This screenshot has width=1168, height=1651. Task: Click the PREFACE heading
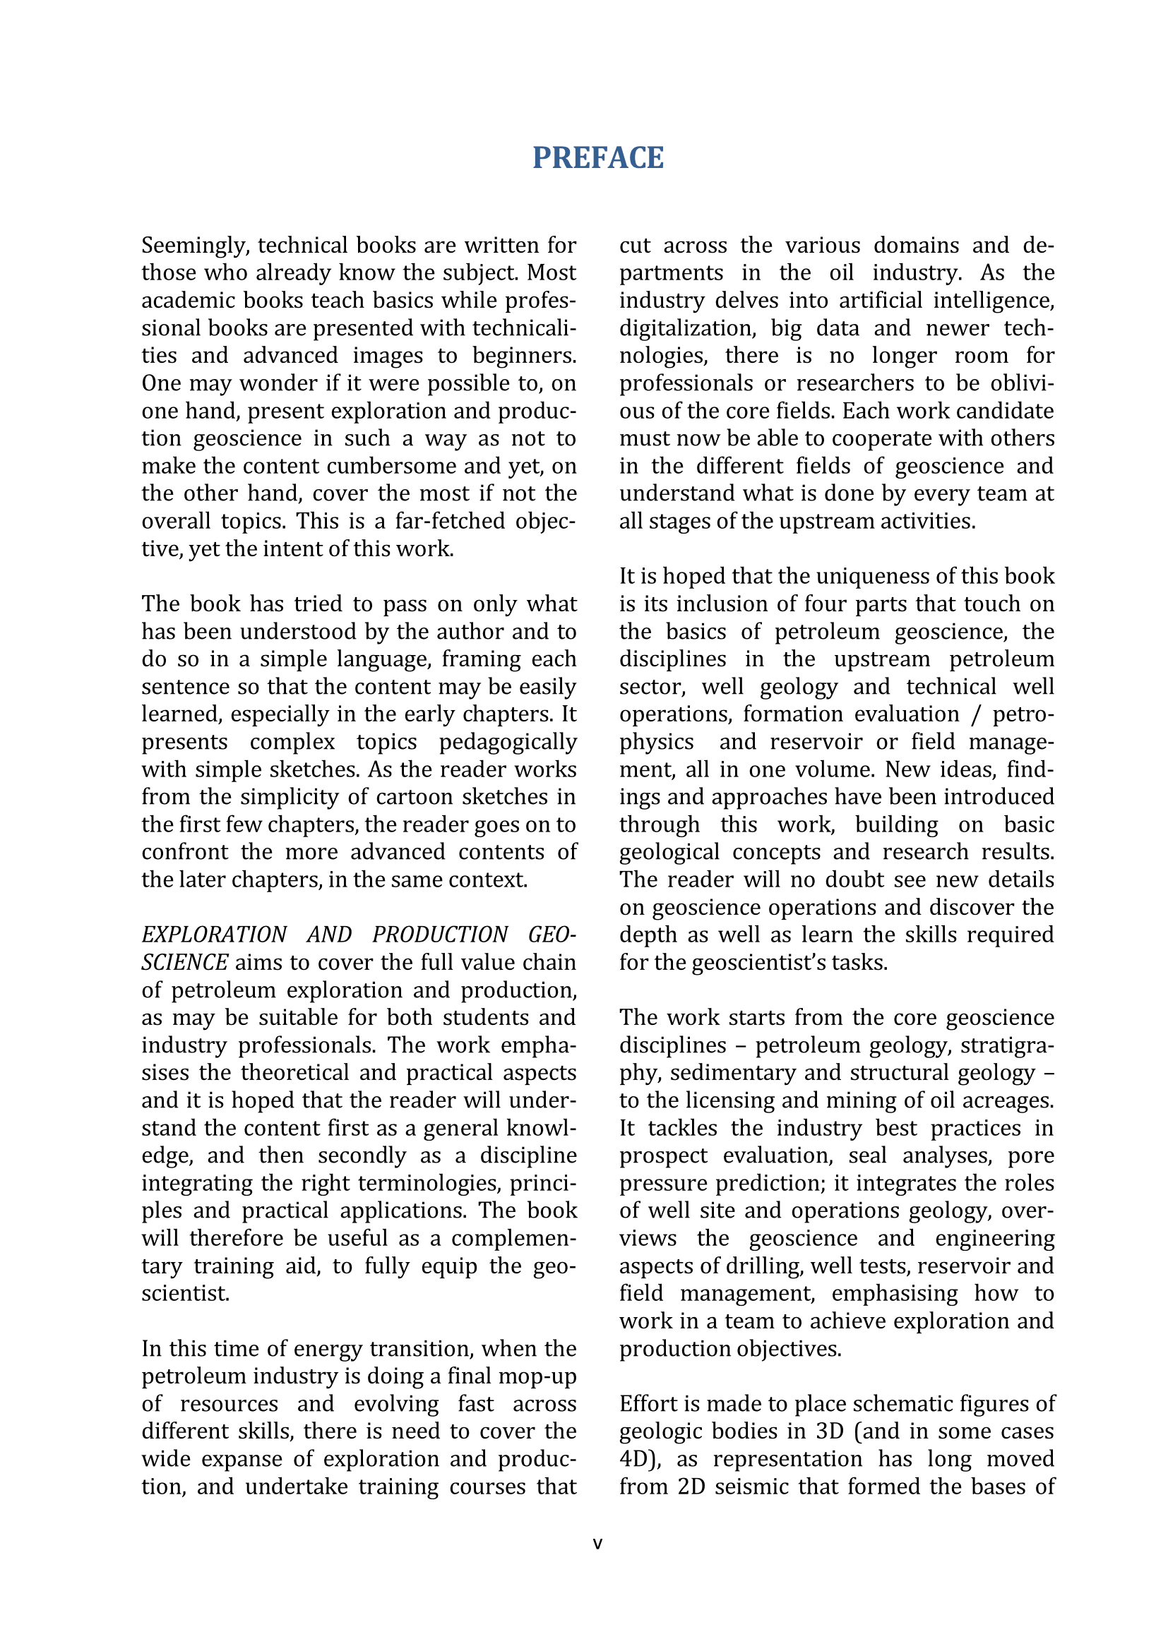pos(597,158)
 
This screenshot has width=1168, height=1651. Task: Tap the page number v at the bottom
pos(597,1544)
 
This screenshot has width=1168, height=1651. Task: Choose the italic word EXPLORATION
pos(215,935)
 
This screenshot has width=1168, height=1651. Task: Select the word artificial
pos(880,301)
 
